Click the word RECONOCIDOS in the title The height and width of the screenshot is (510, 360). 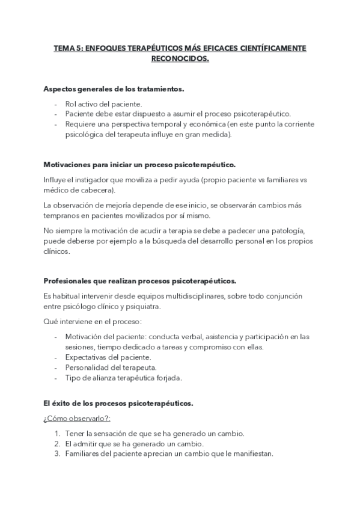click(179, 60)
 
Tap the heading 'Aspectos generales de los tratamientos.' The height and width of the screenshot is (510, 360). click(114, 89)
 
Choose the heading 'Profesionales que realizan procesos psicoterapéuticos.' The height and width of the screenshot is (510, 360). click(140, 281)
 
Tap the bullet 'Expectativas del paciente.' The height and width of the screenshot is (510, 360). click(108, 357)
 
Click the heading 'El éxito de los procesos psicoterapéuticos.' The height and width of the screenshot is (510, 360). click(118, 404)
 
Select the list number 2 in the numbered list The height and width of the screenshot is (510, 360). click(57, 444)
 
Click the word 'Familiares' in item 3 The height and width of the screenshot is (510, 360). click(84, 454)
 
